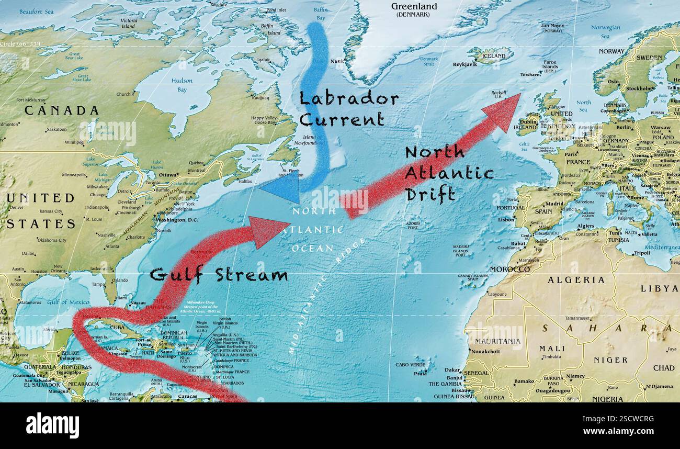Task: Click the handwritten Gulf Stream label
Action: [x=219, y=275]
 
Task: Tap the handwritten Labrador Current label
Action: [x=348, y=109]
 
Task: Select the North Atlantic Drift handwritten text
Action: [x=449, y=173]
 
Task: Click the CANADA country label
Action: [x=61, y=110]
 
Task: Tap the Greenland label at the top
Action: [x=414, y=7]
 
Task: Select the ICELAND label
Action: [x=493, y=56]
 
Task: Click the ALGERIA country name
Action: [x=576, y=280]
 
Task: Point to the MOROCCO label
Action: [x=510, y=270]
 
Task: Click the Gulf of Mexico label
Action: [x=68, y=302]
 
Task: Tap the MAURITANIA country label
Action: [x=497, y=341]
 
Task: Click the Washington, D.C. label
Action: [x=178, y=220]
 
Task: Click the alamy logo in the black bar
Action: [x=52, y=425]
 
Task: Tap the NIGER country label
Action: [x=610, y=360]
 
